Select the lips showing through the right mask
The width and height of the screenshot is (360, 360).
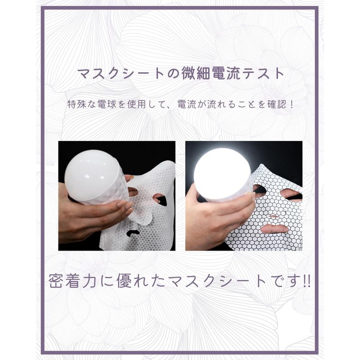[275, 229]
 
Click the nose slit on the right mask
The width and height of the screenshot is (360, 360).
[273, 217]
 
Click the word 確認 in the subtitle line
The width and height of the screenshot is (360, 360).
[277, 104]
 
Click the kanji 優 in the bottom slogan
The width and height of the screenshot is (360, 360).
[125, 281]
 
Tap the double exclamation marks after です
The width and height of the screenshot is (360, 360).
[306, 281]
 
